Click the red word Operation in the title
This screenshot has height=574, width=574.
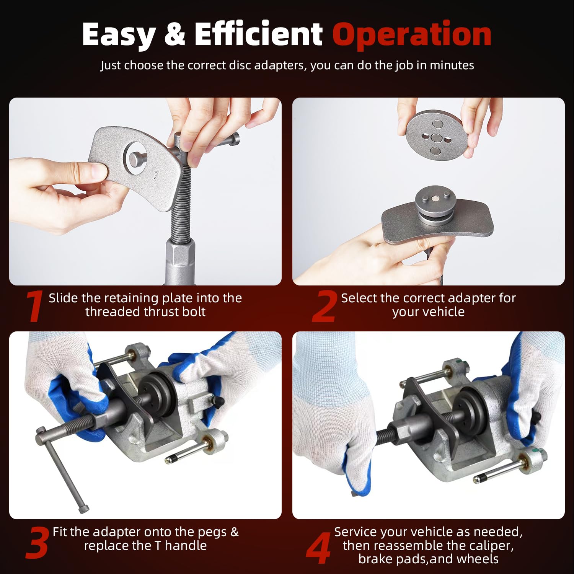pos(412,34)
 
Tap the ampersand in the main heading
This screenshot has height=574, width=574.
pos(174,34)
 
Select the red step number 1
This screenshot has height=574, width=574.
pos(34,306)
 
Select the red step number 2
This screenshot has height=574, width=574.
pos(324,306)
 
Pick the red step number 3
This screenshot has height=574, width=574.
pos(38,542)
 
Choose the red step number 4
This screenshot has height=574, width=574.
pos(318,548)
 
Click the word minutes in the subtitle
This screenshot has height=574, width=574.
pos(452,65)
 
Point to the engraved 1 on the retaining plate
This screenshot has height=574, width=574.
pos(156,175)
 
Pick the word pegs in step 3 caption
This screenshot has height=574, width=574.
pos(212,532)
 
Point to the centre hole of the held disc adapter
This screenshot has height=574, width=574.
pos(436,138)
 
